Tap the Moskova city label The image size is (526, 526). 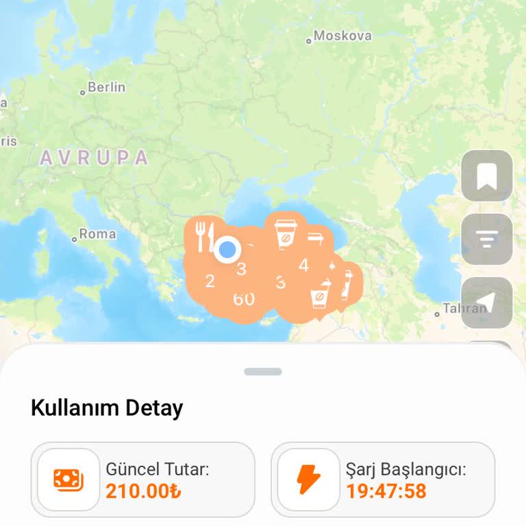click(x=342, y=36)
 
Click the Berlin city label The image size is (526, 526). click(x=106, y=87)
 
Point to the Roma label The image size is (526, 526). click(x=97, y=234)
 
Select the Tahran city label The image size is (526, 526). click(x=464, y=308)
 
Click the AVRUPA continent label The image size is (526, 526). click(x=94, y=158)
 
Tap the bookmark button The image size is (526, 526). click(x=487, y=176)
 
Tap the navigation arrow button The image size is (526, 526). click(x=487, y=303)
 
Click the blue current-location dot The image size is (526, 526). click(x=226, y=250)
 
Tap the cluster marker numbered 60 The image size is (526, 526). click(x=244, y=299)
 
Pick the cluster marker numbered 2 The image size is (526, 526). click(x=210, y=281)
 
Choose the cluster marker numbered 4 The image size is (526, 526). click(x=303, y=265)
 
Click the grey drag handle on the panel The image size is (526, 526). click(x=263, y=371)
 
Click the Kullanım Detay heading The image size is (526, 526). click(x=107, y=408)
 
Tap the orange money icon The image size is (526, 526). click(x=68, y=479)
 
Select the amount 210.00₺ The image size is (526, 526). click(x=144, y=491)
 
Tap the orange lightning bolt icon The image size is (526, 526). click(x=309, y=479)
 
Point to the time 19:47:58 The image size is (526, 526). click(x=386, y=491)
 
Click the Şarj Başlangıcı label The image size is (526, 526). click(x=405, y=470)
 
